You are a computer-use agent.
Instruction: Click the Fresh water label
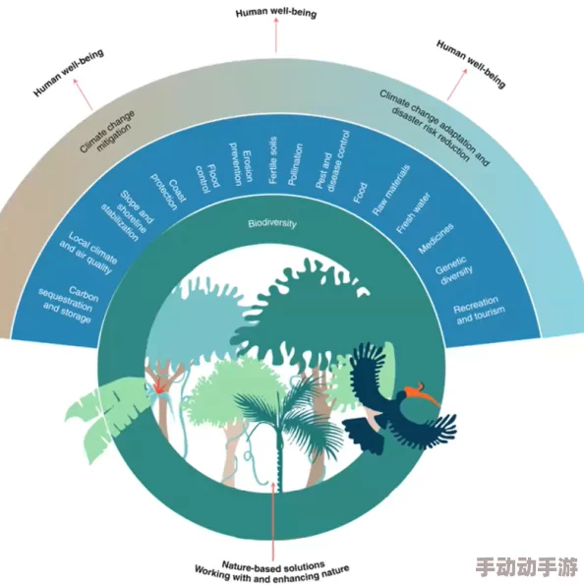414,209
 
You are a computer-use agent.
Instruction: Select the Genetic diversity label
455,271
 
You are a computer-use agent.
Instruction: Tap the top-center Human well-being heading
274,12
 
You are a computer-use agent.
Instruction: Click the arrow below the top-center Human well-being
274,36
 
